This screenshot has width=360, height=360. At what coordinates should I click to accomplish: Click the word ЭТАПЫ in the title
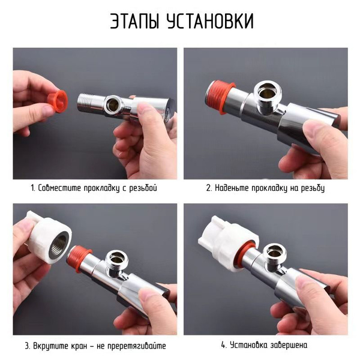pos(134,21)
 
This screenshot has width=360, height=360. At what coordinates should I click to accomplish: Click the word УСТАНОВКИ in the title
pos(211,21)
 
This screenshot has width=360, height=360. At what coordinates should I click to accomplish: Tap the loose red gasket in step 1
pos(58,101)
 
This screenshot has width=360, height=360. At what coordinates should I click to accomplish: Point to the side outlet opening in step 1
pos(113,104)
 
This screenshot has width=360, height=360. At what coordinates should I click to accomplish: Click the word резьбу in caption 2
pos(313,188)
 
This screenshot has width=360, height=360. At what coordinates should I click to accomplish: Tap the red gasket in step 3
pos(79,258)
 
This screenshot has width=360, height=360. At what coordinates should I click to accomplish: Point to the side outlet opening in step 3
pos(117,259)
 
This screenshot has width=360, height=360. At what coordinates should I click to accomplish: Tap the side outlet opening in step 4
pos(274,253)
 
